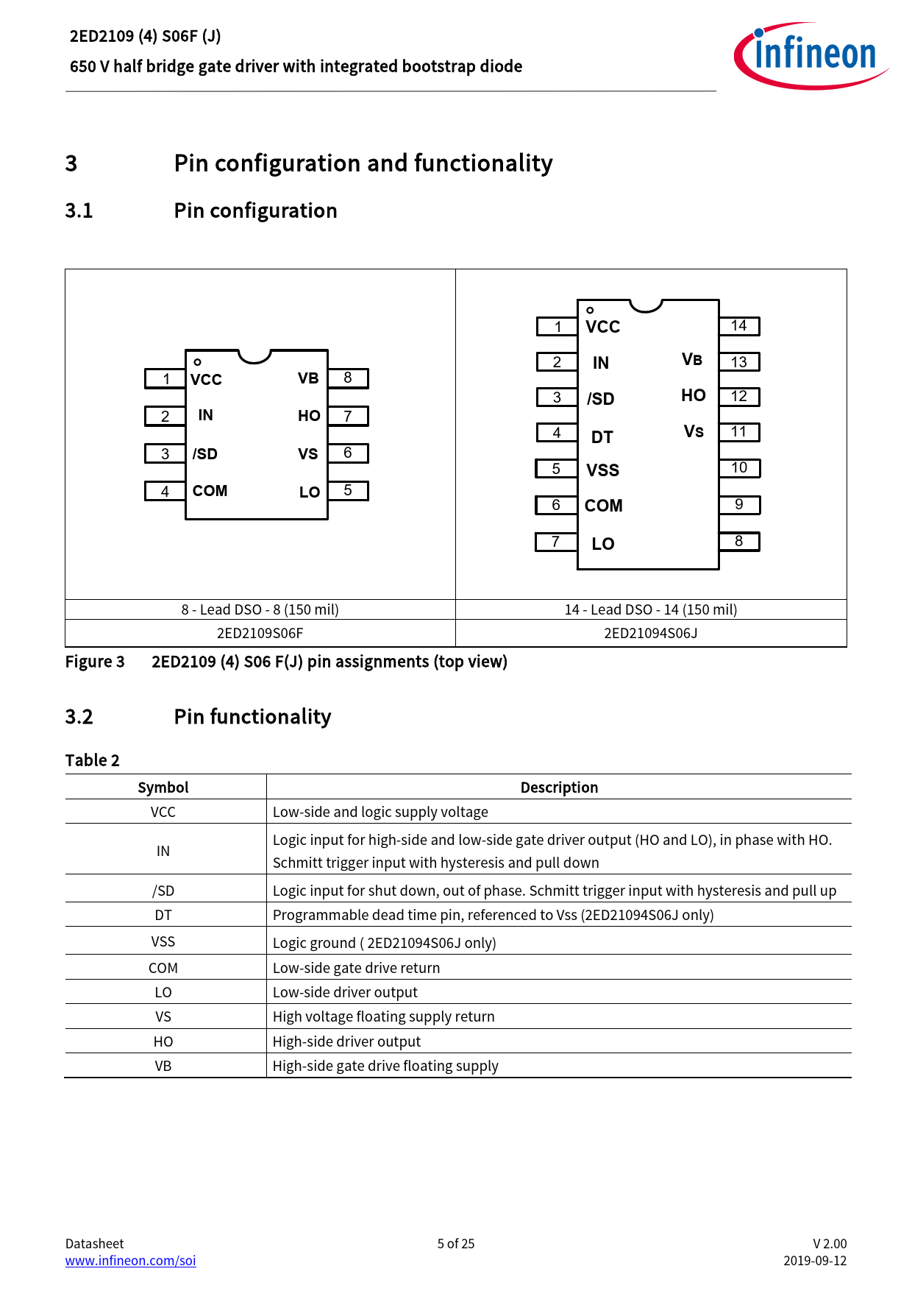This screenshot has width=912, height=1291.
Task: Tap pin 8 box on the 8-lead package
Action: point(348,378)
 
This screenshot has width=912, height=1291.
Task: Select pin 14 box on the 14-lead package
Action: point(739,326)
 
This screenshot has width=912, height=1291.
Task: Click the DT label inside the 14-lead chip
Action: point(602,437)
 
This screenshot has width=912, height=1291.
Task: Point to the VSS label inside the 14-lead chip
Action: point(602,470)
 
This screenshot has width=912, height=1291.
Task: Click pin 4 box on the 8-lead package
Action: point(165,491)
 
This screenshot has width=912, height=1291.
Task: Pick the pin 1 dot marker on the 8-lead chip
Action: point(197,362)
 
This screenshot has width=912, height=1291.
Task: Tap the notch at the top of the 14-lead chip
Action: point(646,305)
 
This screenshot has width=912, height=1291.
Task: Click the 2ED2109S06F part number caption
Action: point(260,633)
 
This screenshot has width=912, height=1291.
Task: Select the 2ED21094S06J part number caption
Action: point(650,633)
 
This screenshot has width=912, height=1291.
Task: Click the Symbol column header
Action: point(163,788)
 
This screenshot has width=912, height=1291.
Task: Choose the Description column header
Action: point(559,788)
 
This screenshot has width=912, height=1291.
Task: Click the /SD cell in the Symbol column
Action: point(163,891)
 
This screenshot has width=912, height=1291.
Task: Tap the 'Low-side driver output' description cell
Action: point(345,992)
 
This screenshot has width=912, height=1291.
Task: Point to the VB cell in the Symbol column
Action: point(163,1066)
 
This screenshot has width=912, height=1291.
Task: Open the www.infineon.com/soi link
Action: point(130,1260)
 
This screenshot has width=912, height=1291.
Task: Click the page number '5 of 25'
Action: point(456,1243)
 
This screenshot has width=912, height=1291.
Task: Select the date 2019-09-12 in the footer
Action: point(815,1260)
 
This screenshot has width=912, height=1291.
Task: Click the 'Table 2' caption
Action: point(93,760)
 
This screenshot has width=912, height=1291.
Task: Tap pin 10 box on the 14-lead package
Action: point(739,468)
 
